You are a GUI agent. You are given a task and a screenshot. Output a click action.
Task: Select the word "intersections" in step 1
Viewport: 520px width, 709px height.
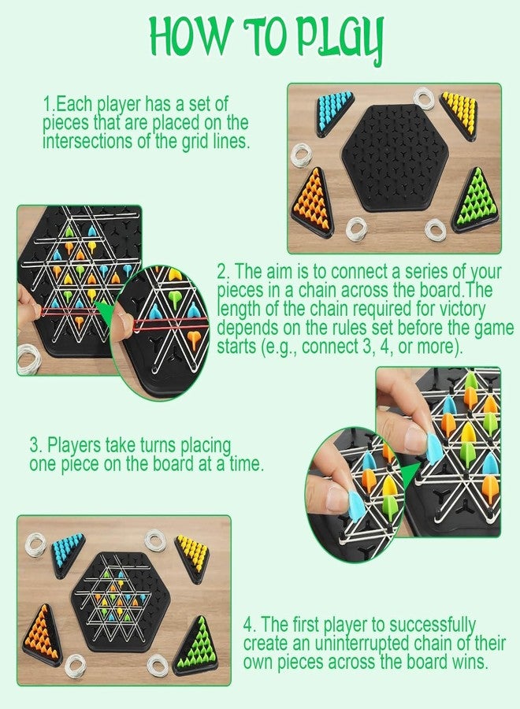pyautogui.click(x=81, y=143)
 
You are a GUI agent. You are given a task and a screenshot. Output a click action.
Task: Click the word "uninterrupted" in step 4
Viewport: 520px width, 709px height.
pyautogui.click(x=355, y=644)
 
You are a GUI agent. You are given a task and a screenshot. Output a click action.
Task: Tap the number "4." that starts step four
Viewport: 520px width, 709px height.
pyautogui.click(x=251, y=625)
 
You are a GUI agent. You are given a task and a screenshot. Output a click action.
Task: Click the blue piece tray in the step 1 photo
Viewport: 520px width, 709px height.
pyautogui.click(x=334, y=115)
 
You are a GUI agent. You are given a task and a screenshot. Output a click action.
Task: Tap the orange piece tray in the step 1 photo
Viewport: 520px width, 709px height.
pyautogui.click(x=314, y=202)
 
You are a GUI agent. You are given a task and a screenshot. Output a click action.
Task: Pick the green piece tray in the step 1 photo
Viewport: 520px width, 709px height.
pyautogui.click(x=478, y=201)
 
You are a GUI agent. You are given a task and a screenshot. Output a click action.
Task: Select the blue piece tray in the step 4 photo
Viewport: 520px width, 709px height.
pyautogui.click(x=69, y=551)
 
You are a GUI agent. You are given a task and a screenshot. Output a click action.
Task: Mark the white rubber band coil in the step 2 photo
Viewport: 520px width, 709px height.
pyautogui.click(x=29, y=357)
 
